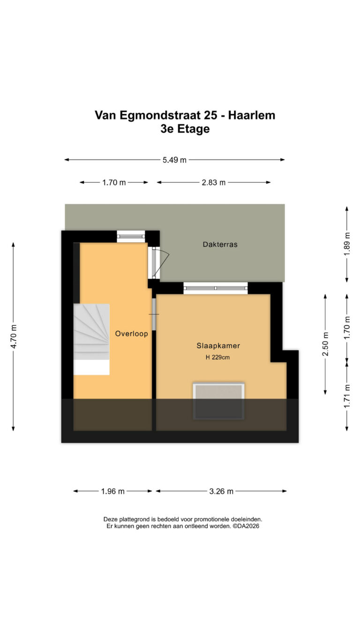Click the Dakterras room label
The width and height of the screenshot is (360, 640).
[x=220, y=244]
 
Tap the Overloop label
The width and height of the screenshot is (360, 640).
[x=131, y=333]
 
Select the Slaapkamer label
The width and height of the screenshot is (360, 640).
[x=218, y=346]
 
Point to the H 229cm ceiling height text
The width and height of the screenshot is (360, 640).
[x=217, y=357]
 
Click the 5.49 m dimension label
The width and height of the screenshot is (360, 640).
[x=174, y=160]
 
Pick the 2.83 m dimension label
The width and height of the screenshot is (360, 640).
[x=213, y=182]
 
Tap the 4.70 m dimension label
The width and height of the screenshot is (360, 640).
[x=14, y=336]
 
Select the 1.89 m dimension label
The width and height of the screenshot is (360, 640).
[x=346, y=244]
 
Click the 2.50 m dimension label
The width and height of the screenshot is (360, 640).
[x=325, y=344]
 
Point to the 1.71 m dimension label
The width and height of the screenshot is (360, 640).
[x=346, y=396]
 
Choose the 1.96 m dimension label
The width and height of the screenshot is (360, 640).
[x=112, y=491]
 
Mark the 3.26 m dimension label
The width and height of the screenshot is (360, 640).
[x=221, y=491]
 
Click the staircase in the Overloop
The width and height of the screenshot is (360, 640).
[x=91, y=339]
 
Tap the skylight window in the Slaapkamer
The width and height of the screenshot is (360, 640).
[x=218, y=401]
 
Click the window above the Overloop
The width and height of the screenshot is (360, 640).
[x=131, y=236]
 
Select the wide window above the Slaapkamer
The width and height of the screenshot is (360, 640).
[x=216, y=288]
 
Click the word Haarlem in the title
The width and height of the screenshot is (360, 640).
[x=251, y=115]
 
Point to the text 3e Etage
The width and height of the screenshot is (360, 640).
[x=185, y=129]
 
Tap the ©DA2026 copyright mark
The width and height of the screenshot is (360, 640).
[x=246, y=526]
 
